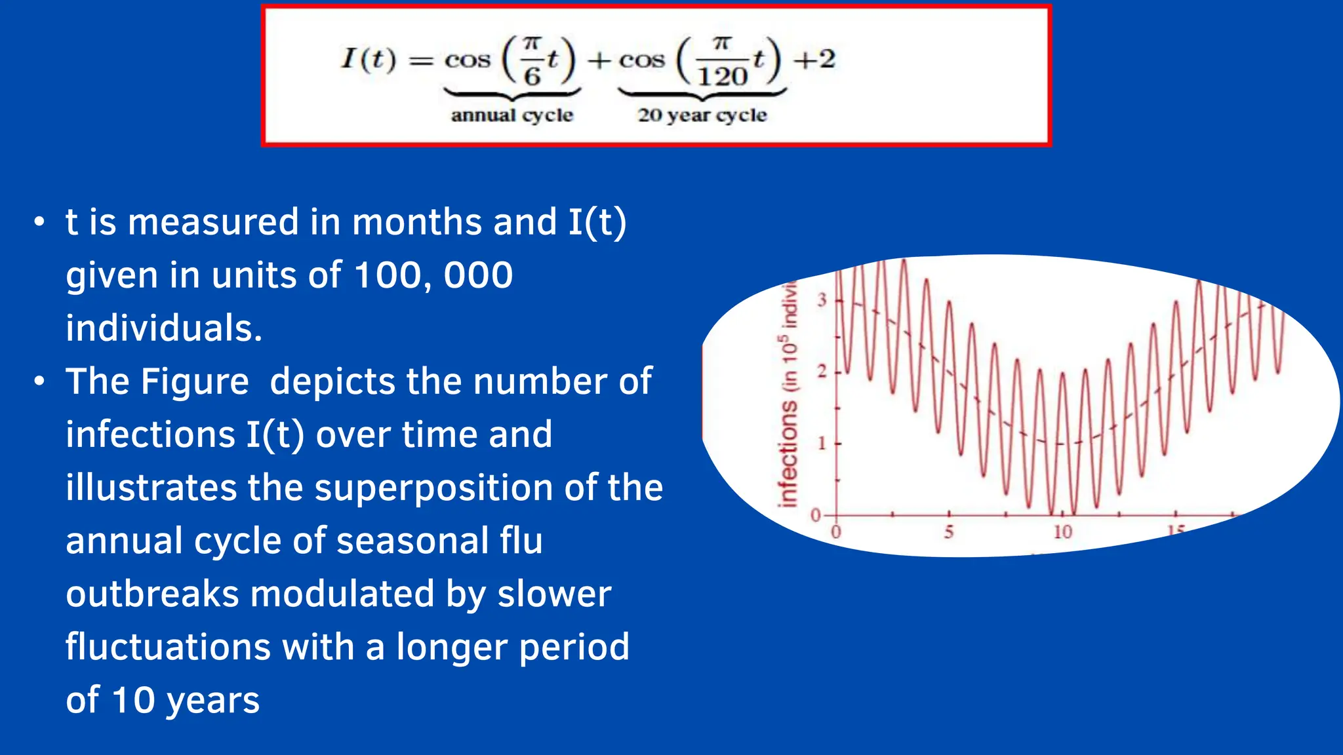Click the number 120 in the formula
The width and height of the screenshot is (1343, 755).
[x=722, y=76]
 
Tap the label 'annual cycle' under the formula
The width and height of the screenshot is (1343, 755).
[x=511, y=115]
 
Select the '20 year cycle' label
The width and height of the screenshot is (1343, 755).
[x=702, y=115]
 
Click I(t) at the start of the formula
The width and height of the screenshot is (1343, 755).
[x=369, y=59]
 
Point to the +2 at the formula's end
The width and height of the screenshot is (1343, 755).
[x=814, y=60]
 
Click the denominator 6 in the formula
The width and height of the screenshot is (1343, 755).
[x=532, y=77]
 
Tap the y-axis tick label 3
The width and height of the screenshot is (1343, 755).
[x=822, y=300]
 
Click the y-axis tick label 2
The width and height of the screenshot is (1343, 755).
[x=822, y=372]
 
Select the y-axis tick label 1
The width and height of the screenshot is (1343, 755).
[x=822, y=444]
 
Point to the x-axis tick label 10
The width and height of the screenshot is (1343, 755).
[x=1062, y=532]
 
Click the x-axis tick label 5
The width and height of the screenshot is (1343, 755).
[x=949, y=532]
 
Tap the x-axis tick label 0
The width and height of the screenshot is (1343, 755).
[x=836, y=532]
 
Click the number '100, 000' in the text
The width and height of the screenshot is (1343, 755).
[x=433, y=275]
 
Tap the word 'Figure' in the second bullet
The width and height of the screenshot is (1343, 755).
[x=195, y=381]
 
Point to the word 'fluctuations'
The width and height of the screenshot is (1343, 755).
[x=168, y=647]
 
